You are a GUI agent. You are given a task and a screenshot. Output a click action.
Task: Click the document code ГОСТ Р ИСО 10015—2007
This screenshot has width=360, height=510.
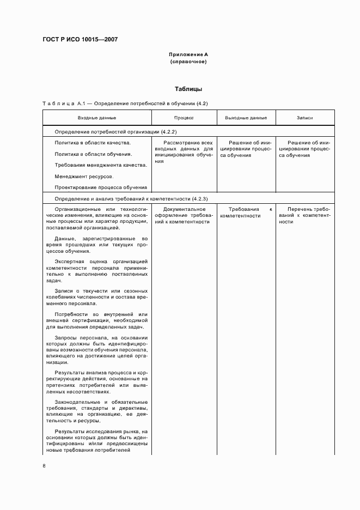(80, 40)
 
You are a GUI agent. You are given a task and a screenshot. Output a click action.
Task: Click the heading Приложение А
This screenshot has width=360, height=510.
(188, 54)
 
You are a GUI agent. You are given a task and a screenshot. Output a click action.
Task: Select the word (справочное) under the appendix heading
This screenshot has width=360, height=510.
(188, 62)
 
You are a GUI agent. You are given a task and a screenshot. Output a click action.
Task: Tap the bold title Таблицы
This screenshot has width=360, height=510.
(188, 89)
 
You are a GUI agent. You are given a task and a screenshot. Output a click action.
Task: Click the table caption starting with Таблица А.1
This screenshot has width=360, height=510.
(125, 103)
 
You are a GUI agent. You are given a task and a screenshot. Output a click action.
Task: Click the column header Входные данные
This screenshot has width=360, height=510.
(97, 118)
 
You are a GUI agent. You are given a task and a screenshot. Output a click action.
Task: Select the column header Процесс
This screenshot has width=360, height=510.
(184, 118)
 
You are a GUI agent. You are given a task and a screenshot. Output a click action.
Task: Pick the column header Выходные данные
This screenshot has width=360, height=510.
(246, 118)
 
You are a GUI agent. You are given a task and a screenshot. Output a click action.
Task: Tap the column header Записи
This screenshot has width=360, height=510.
(304, 118)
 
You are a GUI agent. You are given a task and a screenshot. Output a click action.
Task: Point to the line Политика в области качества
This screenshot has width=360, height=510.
(93, 143)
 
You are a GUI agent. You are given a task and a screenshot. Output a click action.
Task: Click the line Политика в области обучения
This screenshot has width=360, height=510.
(93, 154)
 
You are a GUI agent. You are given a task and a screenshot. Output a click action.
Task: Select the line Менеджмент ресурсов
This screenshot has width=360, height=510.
(84, 177)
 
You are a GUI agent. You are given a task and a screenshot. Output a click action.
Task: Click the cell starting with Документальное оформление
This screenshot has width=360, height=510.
(184, 215)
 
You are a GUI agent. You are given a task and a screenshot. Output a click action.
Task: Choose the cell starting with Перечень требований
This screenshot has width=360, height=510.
(304, 215)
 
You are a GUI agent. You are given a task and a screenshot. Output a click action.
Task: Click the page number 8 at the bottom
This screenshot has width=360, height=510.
(44, 466)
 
